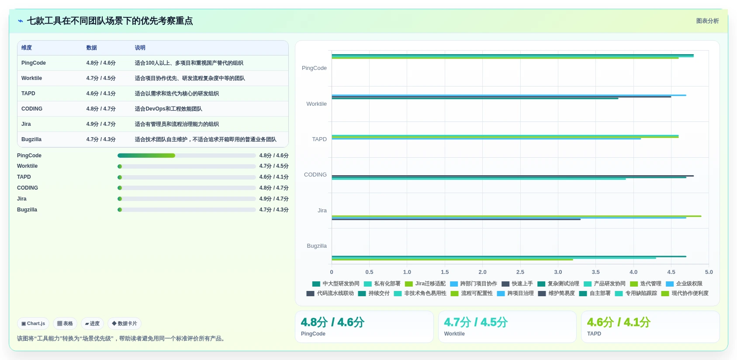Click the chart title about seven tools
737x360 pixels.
[x=110, y=21]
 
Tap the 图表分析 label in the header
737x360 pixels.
[x=707, y=21]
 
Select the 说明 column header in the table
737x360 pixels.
[x=140, y=48]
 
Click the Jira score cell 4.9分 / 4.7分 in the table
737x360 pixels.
[x=100, y=124]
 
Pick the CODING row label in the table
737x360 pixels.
[x=32, y=109]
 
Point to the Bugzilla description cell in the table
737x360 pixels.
[x=205, y=139]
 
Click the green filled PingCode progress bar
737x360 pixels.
[x=146, y=156]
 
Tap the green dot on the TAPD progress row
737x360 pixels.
[x=120, y=177]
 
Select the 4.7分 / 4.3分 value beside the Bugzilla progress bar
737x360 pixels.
[x=274, y=210]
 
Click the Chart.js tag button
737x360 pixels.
[x=33, y=323]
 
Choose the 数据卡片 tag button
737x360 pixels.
[x=125, y=323]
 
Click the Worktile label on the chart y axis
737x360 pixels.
[x=317, y=104]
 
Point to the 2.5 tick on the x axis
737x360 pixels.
[x=520, y=272]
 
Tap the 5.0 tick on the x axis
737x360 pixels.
[x=709, y=272]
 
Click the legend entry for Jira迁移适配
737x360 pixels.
[x=425, y=284]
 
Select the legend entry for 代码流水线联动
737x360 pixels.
[x=330, y=293]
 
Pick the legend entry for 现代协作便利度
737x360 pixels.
[x=685, y=293]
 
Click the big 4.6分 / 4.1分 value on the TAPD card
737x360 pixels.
[x=619, y=322]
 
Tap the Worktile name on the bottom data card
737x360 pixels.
[x=454, y=334]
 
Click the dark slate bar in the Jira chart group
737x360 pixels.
[x=456, y=219]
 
